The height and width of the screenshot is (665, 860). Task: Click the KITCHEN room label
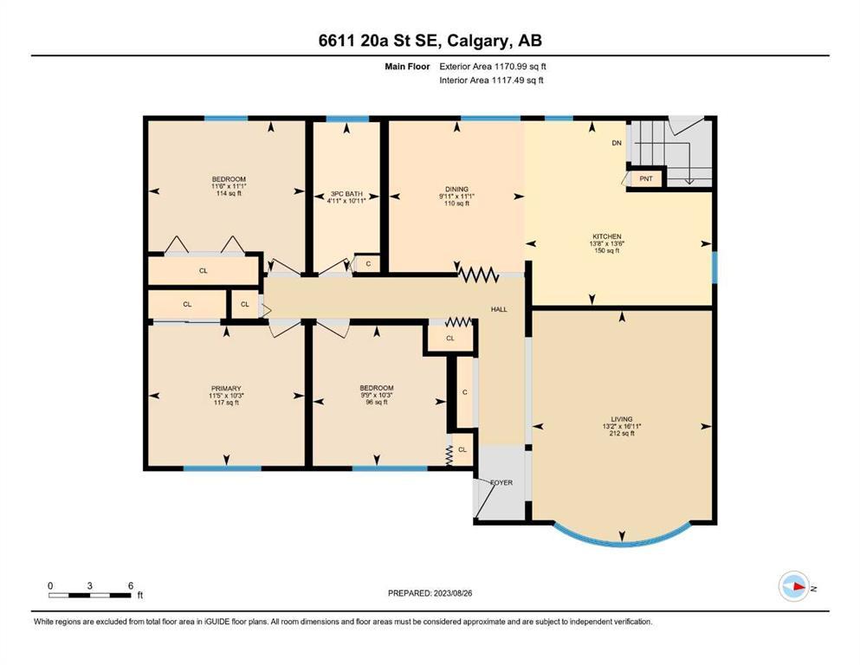pos(606,236)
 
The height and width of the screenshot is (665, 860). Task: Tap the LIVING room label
pos(622,419)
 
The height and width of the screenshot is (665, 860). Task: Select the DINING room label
pos(456,189)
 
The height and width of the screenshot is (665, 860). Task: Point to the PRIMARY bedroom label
pos(226,388)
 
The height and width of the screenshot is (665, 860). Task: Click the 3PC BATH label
pos(346,193)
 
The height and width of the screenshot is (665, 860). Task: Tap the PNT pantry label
pos(646,178)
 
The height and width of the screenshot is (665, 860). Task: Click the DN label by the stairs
pos(617,143)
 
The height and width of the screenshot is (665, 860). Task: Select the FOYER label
pos(501,482)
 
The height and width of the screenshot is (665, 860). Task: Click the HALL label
pos(499,309)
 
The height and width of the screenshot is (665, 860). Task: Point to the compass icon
pos(794,586)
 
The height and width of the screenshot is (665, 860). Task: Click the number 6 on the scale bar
pos(131,585)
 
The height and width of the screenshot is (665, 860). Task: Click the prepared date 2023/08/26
pos(452,593)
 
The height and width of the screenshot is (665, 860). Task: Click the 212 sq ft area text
pos(622,433)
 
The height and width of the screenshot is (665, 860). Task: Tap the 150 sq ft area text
pos(606,250)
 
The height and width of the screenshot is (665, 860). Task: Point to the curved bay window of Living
pos(622,543)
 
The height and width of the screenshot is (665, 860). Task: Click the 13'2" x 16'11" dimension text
pos(622,426)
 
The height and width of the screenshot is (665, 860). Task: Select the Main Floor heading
pos(407,67)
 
